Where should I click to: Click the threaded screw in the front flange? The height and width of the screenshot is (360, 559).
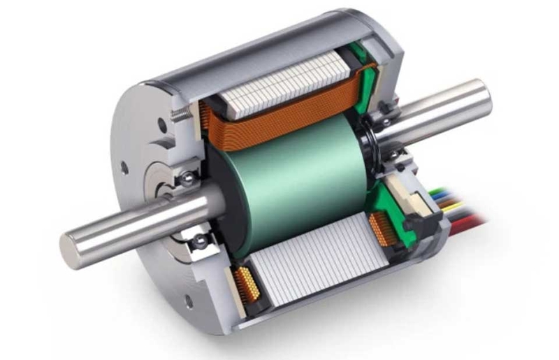181,114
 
